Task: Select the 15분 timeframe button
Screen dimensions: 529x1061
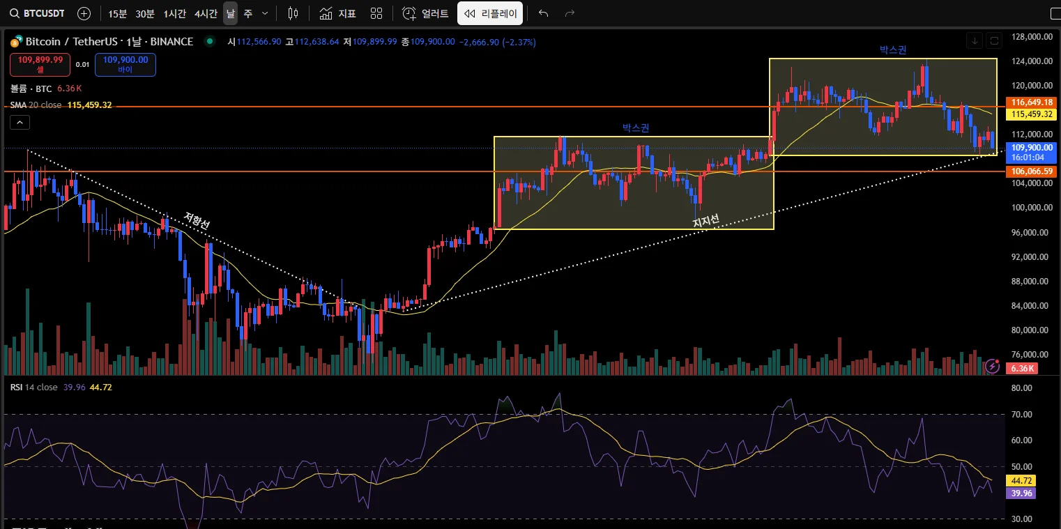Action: (118, 13)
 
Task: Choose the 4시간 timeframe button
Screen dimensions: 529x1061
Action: (206, 13)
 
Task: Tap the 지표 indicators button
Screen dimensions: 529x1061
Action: (338, 13)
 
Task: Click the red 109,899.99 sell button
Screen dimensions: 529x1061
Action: (40, 64)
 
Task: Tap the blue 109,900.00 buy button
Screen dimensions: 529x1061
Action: (125, 64)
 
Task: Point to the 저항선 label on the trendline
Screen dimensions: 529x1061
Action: (197, 220)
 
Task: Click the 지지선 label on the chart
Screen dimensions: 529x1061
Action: (705, 221)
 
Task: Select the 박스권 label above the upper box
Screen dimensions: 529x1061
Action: (893, 49)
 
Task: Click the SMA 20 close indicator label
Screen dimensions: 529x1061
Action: (36, 105)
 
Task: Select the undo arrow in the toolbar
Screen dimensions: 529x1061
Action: (544, 13)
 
